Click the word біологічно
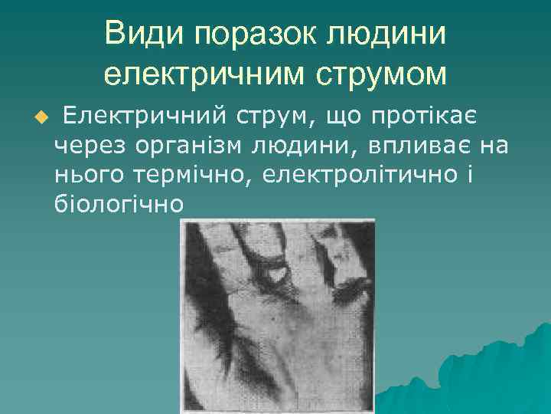tap(119, 204)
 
